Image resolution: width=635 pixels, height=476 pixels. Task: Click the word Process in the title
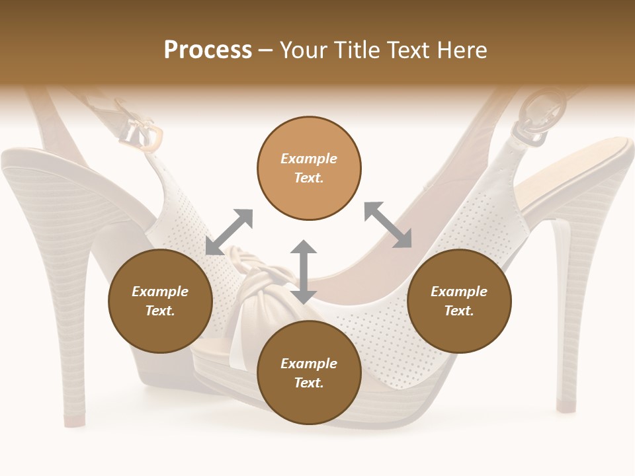[x=208, y=50]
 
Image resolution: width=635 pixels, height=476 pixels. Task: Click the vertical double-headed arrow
[x=304, y=272]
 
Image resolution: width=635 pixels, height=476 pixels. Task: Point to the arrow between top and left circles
[x=230, y=231]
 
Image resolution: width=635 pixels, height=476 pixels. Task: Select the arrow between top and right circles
[x=388, y=225]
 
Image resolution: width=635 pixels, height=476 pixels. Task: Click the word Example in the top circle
[x=309, y=159]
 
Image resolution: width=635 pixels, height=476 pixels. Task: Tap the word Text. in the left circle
[x=160, y=311]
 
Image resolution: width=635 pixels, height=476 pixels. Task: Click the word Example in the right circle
[x=459, y=292]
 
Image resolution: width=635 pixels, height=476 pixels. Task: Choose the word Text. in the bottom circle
[x=309, y=383]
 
